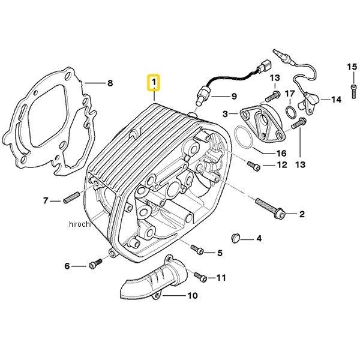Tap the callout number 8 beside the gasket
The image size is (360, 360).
point(110,83)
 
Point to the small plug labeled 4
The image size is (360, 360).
point(236,238)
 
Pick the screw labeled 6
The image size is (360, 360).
point(93,265)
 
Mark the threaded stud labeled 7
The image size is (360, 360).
point(70,200)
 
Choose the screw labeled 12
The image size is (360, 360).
point(253,165)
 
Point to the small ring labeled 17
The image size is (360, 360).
point(290,112)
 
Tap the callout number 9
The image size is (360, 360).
point(234,97)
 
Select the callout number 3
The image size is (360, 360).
point(226,113)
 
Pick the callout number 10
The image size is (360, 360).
point(192,295)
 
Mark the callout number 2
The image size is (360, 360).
point(302,214)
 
